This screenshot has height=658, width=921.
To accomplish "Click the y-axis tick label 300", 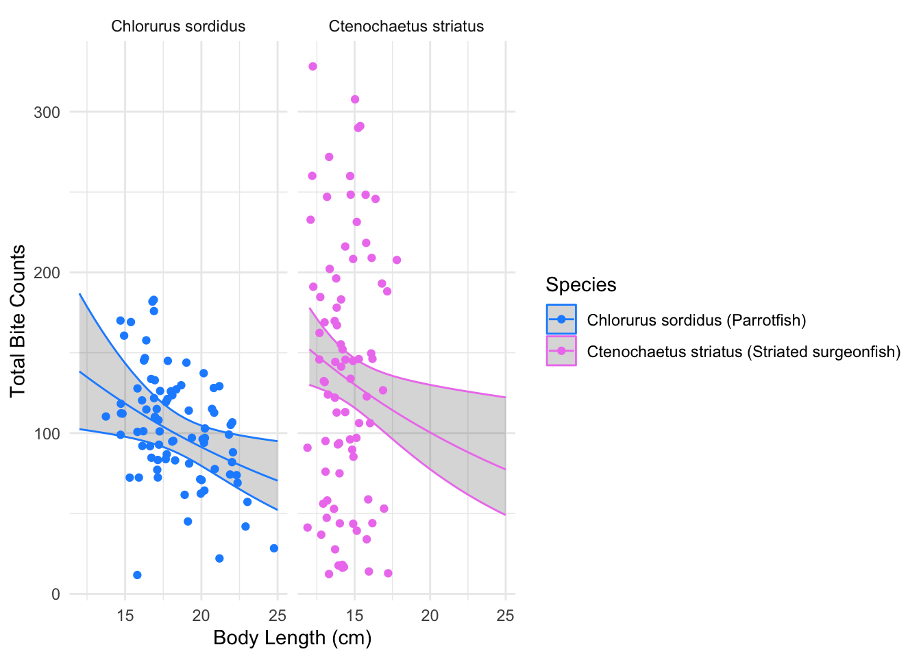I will [47, 112].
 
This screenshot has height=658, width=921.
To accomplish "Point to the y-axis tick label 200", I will [47, 273].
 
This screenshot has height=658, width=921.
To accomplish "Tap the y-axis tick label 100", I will [47, 434].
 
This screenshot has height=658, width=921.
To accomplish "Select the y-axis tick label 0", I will [56, 594].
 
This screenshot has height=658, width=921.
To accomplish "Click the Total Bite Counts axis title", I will [19, 321].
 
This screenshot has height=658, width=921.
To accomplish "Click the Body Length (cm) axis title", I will [293, 638].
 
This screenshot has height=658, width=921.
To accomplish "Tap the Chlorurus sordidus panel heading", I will [178, 27].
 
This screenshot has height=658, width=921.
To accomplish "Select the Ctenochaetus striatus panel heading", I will [406, 27].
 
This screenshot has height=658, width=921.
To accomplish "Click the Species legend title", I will [581, 284].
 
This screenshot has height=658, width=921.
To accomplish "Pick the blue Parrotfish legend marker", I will [561, 319].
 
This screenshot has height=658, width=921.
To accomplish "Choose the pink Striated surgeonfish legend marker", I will [561, 351].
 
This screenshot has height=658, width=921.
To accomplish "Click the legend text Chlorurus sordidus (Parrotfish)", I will [696, 320].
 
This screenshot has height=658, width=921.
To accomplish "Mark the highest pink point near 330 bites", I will [312, 66].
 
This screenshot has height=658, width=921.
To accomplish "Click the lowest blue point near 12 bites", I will [137, 575].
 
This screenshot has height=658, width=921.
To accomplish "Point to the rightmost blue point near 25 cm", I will [274, 548].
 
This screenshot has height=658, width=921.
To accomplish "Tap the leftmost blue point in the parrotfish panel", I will [106, 416].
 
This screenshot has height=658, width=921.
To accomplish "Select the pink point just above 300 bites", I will [355, 99].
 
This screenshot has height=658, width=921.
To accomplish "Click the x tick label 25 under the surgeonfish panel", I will [505, 616].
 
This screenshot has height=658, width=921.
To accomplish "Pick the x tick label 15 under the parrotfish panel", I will [125, 616].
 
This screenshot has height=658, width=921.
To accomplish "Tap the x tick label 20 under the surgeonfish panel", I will [430, 616].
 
